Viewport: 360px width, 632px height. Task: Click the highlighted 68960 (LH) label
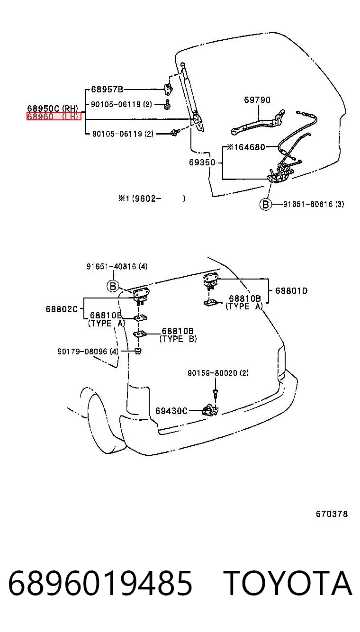coord(54,116)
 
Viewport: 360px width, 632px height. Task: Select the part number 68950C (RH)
coord(53,108)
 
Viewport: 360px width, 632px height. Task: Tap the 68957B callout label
coord(107,90)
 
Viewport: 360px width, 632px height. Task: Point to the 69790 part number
coord(257,99)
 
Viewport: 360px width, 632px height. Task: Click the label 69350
coord(202,162)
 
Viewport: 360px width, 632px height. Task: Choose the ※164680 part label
coord(246,147)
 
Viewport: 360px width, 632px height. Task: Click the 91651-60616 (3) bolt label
coord(314,204)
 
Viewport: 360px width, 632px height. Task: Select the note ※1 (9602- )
coord(152,199)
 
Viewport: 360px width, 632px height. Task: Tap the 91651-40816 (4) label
coord(117,266)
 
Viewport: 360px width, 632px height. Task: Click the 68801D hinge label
coord(291,290)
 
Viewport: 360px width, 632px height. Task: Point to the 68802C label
coord(62,309)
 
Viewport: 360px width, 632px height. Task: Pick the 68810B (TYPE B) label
coord(178,334)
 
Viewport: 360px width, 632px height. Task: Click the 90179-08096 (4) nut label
coord(88,351)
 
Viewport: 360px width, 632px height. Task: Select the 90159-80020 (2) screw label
coord(218,373)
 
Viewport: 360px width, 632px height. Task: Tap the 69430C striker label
coord(171,411)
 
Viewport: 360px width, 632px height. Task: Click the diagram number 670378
coord(332,514)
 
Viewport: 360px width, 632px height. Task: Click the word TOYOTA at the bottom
coord(288,583)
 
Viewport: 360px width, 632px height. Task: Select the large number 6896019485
coord(100,583)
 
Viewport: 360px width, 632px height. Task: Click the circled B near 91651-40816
coord(113,286)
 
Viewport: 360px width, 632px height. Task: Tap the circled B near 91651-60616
coord(265,204)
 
